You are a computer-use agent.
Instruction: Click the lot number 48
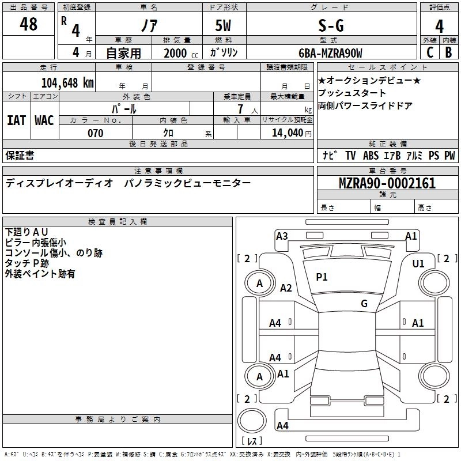click(x=28, y=24)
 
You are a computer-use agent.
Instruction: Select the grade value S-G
click(x=331, y=25)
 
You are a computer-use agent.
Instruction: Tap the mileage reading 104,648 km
click(x=67, y=82)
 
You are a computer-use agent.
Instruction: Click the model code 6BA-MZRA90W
click(x=330, y=53)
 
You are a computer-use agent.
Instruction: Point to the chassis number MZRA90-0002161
click(x=387, y=183)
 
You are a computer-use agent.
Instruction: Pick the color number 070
click(x=96, y=133)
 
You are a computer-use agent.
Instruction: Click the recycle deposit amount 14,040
click(x=287, y=133)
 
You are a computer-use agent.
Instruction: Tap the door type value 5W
click(x=223, y=25)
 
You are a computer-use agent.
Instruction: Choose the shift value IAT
click(x=16, y=120)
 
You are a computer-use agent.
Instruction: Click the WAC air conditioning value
click(x=44, y=120)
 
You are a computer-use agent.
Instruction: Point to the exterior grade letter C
click(x=430, y=52)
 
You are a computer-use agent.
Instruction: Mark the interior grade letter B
click(x=449, y=52)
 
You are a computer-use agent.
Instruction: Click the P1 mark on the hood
click(x=322, y=277)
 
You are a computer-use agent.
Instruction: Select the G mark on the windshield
click(x=364, y=303)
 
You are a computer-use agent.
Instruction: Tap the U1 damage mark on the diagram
click(x=418, y=264)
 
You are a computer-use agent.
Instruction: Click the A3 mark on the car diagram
click(x=282, y=236)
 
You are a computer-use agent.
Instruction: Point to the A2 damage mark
click(x=286, y=288)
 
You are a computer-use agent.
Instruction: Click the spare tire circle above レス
click(x=252, y=421)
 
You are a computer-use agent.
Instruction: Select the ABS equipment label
click(x=371, y=156)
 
